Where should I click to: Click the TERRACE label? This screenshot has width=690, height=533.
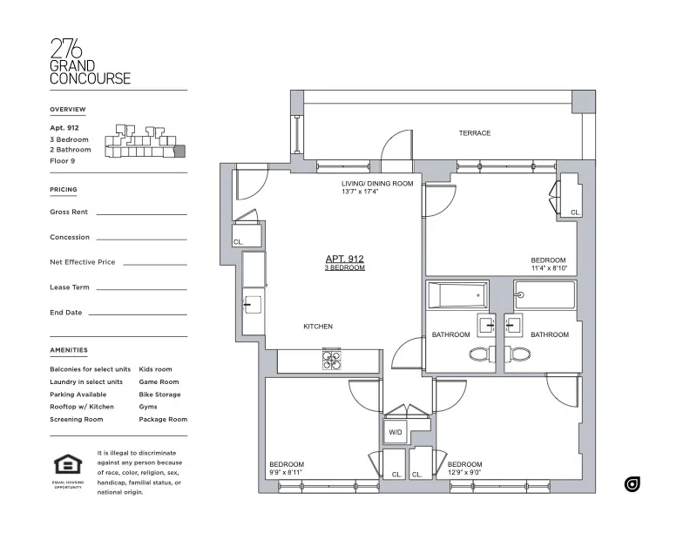(474, 133)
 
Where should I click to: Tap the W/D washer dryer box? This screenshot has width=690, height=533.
(395, 431)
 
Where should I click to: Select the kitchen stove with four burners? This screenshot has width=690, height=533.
(332, 359)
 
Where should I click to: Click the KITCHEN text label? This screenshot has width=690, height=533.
(317, 327)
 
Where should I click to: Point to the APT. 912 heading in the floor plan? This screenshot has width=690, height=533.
(344, 259)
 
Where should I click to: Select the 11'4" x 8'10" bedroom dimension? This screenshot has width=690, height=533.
(548, 268)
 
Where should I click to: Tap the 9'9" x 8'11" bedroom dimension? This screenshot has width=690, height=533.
(286, 473)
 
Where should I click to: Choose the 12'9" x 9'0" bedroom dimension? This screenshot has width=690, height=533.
(464, 473)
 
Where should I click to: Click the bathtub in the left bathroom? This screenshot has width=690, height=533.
(457, 296)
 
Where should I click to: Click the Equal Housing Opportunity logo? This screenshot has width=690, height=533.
(67, 466)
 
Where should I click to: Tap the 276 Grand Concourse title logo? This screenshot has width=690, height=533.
(90, 61)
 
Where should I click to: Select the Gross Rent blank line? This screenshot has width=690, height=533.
(141, 213)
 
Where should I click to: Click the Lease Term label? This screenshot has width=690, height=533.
(70, 287)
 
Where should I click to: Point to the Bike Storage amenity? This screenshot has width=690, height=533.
(159, 395)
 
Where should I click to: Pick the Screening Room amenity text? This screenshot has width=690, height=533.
(77, 419)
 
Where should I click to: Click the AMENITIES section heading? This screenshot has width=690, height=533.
(69, 350)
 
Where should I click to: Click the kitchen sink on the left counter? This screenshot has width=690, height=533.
(252, 304)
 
